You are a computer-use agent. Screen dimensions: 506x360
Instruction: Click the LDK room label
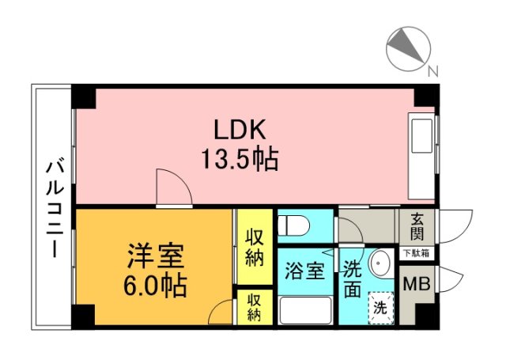tap(240, 130)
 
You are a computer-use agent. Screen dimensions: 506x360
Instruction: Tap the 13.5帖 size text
tap(240, 159)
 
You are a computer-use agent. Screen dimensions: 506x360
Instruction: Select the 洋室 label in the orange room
tap(156, 256)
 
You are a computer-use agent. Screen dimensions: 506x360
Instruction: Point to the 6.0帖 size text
tap(155, 286)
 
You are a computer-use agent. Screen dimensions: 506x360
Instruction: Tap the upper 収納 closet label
tap(255, 248)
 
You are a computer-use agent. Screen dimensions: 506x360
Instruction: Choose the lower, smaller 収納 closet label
tap(255, 309)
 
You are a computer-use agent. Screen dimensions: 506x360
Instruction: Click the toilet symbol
tap(293, 225)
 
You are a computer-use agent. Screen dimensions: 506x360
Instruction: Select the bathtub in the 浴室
tap(306, 310)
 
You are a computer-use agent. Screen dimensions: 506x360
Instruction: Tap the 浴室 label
tap(304, 271)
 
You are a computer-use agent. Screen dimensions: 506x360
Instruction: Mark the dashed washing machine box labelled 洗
tap(381, 308)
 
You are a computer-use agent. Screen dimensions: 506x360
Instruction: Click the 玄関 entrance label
tap(417, 227)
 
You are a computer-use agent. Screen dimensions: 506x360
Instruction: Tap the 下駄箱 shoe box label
tap(417, 253)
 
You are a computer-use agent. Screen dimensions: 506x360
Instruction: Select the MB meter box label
tap(417, 285)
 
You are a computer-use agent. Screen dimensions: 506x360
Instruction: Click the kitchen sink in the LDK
tap(421, 135)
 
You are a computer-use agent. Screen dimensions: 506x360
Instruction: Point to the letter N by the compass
tap(433, 71)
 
